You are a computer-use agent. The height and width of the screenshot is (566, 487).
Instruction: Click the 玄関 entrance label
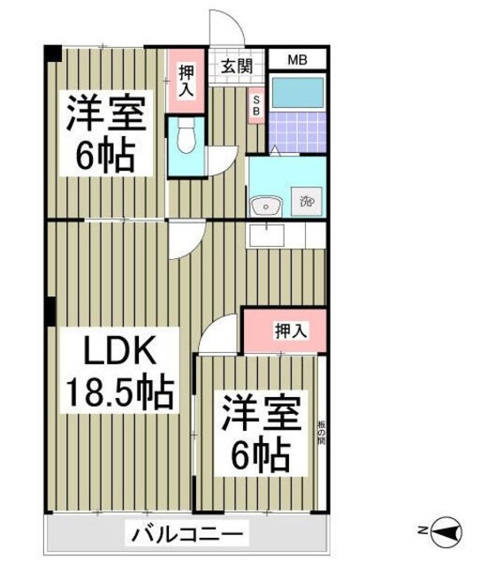237,65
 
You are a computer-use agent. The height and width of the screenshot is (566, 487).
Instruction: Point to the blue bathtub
296,93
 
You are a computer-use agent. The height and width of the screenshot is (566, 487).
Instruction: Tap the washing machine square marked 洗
307,202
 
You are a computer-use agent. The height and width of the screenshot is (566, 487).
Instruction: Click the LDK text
119,353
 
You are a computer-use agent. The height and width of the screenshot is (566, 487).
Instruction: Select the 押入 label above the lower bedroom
291,332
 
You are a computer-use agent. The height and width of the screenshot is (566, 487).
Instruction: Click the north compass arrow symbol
446,531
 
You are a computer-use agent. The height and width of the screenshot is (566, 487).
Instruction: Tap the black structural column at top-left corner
52,52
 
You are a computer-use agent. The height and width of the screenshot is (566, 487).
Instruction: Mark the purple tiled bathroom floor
296,131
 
